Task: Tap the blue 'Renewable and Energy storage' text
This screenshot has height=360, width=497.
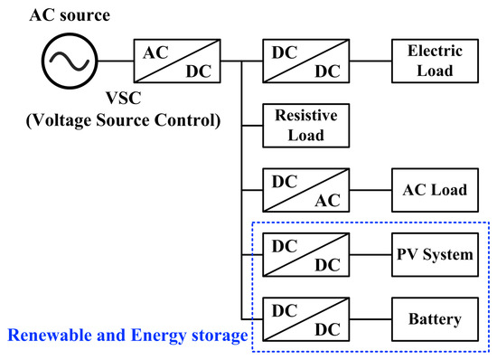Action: (127, 336)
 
